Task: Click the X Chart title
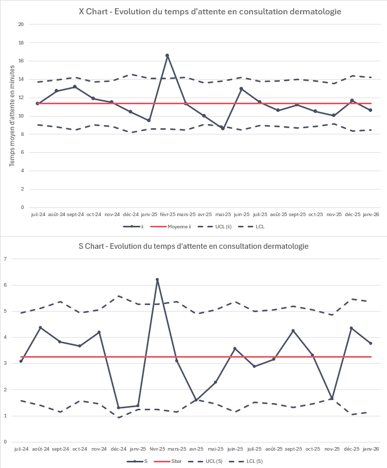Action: (x=210, y=11)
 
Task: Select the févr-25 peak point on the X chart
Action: (x=167, y=55)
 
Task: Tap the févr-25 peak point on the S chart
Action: (x=157, y=279)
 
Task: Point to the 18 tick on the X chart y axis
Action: (x=21, y=43)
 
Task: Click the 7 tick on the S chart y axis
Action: (x=5, y=259)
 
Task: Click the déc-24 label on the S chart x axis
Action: (x=118, y=449)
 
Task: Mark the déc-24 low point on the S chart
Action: (x=118, y=408)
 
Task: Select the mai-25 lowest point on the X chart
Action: (x=223, y=128)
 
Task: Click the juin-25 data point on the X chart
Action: (x=241, y=89)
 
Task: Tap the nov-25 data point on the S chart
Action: (x=332, y=399)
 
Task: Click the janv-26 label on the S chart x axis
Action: (x=371, y=449)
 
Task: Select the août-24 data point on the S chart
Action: (x=40, y=327)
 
